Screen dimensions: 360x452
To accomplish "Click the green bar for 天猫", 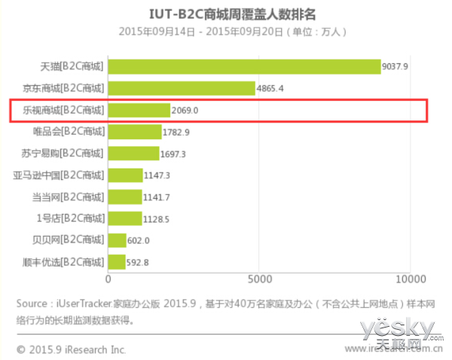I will point(245,66).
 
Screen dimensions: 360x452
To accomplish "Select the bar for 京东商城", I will point(182,88).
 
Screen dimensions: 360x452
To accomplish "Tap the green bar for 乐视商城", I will point(139,110).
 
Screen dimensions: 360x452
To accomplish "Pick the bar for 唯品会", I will point(136,132).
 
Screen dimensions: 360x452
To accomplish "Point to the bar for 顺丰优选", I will point(118,263).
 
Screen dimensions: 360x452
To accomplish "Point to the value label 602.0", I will point(139,241).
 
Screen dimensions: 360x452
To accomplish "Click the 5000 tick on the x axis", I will point(259,279).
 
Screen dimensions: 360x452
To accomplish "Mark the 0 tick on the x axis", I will point(109,279).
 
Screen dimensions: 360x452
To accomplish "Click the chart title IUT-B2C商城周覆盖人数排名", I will point(226,14).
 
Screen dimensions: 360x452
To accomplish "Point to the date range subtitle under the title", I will point(226,31).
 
